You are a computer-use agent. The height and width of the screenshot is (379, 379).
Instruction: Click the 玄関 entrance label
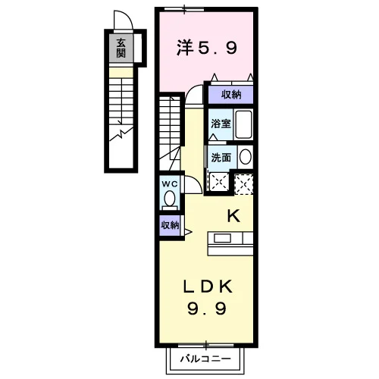[x=121, y=48]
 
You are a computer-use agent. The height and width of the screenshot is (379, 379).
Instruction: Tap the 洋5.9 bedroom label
[x=207, y=48]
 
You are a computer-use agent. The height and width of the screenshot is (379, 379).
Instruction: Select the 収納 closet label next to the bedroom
[x=231, y=95]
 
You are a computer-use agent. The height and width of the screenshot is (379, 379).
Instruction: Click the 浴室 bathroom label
[x=221, y=124]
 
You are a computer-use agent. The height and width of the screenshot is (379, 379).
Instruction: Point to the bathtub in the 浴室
[x=243, y=124]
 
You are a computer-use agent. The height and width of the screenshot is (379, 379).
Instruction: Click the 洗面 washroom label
[x=221, y=158]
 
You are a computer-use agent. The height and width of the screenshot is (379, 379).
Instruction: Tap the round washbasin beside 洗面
[x=245, y=157]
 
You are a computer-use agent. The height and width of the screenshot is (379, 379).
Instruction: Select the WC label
[x=170, y=184]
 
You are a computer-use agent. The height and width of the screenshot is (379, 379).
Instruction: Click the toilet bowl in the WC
[x=170, y=199]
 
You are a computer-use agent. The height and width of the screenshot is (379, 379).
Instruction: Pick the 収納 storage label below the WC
[x=170, y=225]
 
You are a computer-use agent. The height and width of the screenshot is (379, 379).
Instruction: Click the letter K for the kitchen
[x=233, y=217]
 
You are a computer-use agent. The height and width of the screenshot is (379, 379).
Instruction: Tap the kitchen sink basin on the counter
[x=222, y=238]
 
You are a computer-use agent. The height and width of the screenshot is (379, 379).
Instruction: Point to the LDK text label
[x=207, y=287]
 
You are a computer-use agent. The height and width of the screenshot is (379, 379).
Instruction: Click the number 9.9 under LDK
[x=207, y=309]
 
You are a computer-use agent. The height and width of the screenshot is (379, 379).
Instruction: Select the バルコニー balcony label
[x=205, y=359]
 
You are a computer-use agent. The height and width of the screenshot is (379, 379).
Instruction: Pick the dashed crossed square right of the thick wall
[x=244, y=184]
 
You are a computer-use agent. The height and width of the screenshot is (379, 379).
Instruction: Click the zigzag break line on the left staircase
[x=121, y=133]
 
